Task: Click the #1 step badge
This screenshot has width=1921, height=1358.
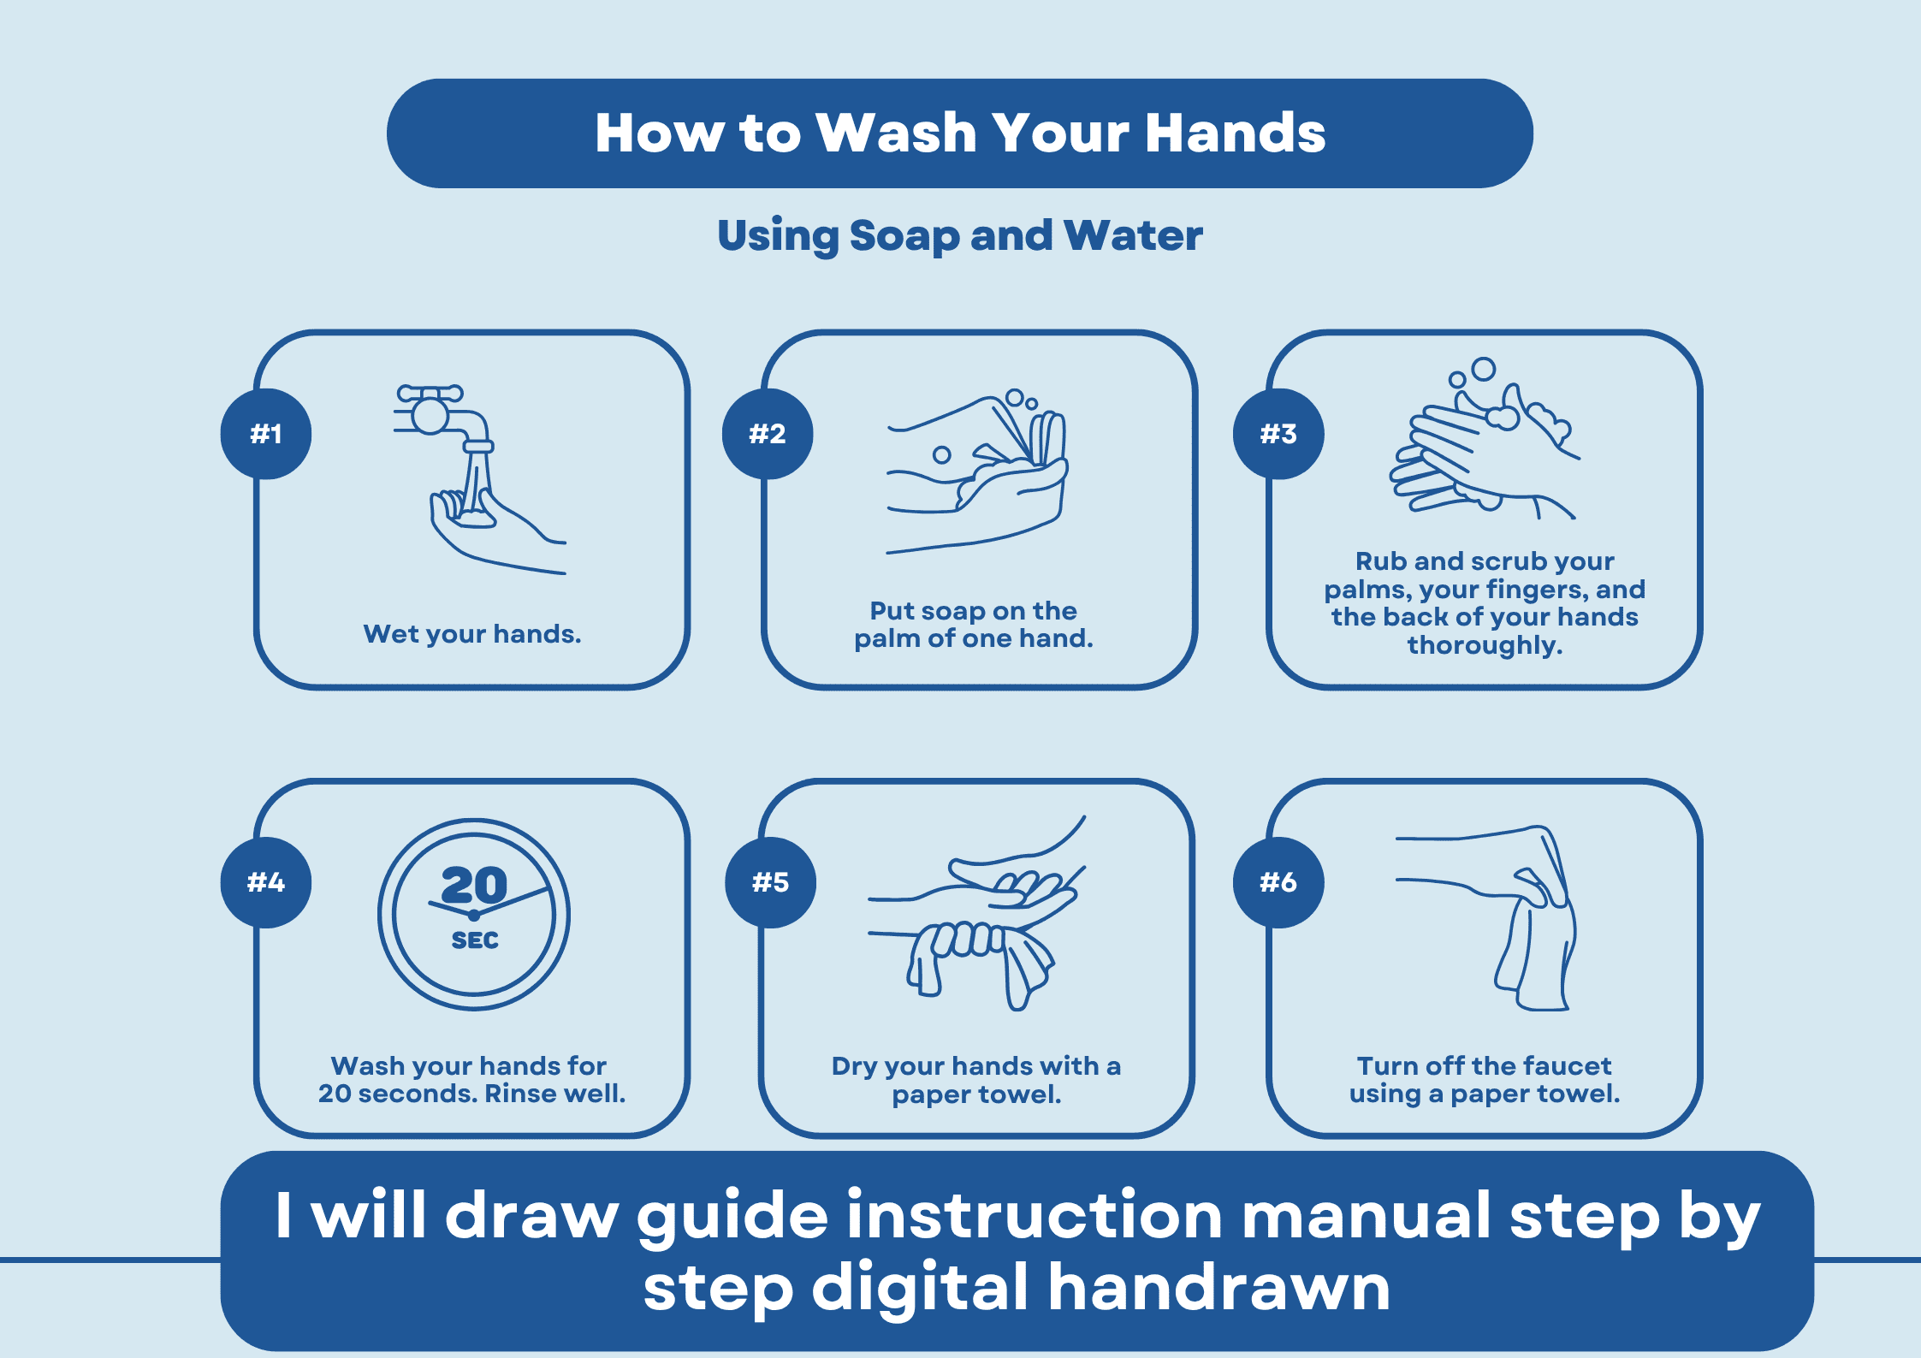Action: (266, 434)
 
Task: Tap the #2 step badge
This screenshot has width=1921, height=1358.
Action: (767, 434)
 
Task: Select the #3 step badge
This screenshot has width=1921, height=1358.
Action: (1278, 434)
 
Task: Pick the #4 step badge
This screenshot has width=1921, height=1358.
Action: (266, 882)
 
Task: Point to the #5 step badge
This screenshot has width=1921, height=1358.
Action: (770, 882)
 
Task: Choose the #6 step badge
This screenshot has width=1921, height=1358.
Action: (1278, 882)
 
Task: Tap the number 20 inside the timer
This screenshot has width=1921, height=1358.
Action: (474, 885)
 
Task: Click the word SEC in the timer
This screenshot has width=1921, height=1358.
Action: (475, 940)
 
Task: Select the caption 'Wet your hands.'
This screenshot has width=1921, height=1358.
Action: (471, 634)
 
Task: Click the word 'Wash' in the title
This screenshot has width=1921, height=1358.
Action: (896, 133)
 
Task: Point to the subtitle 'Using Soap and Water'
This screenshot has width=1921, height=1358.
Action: (960, 235)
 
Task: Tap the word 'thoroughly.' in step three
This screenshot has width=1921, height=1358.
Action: (1485, 645)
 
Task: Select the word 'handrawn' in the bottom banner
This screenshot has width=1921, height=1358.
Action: (1218, 1287)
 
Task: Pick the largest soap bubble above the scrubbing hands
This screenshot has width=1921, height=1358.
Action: (1483, 369)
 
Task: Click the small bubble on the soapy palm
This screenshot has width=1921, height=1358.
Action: (941, 455)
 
